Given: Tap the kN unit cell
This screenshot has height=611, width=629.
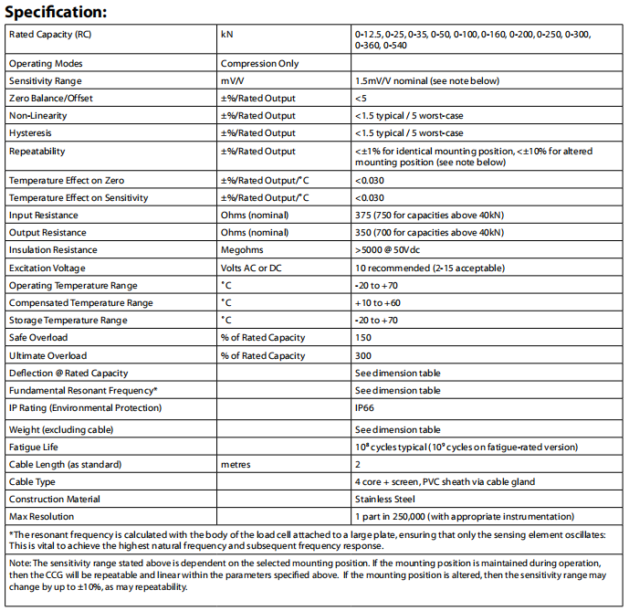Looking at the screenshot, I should coord(227,34).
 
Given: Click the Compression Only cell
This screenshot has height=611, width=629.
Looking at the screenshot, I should coord(259,64).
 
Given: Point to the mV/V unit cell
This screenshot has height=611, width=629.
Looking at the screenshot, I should coord(234,81).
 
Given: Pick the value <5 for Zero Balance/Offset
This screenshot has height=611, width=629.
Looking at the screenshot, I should coord(361,99).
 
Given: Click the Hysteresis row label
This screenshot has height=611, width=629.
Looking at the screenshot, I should coord(31,133).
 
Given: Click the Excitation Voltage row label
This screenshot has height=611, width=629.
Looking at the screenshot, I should coord(47,268).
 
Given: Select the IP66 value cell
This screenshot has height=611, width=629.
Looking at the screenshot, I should coord(365,407).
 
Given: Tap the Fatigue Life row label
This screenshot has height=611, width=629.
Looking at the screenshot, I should coord(35,447).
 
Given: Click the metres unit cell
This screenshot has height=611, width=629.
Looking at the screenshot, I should coord(236,464).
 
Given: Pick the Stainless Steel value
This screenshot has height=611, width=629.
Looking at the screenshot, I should coord(384,500).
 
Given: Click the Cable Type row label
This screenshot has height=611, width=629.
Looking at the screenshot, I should coord(33,482).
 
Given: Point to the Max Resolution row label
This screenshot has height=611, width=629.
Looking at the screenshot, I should coord(41,517).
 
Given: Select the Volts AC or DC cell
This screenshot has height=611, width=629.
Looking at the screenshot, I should coord(257,268).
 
